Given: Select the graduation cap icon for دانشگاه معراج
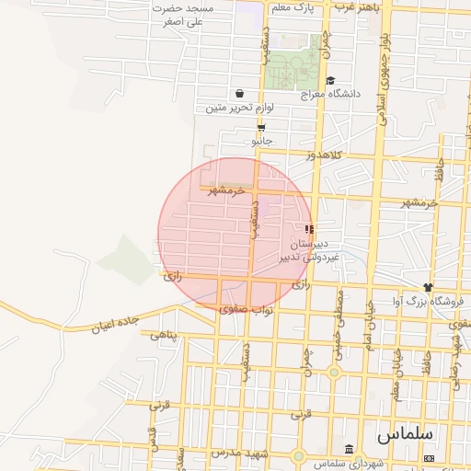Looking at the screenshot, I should point(330,81).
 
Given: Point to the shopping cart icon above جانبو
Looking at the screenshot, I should point(262,128).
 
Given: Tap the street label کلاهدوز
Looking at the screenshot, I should point(324,155).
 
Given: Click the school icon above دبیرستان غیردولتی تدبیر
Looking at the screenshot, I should point(309,228).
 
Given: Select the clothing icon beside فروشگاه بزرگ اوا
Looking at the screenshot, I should point(428,287).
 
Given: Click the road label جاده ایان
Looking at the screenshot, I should point(114,323).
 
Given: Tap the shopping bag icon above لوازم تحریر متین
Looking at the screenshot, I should point(240,93).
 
